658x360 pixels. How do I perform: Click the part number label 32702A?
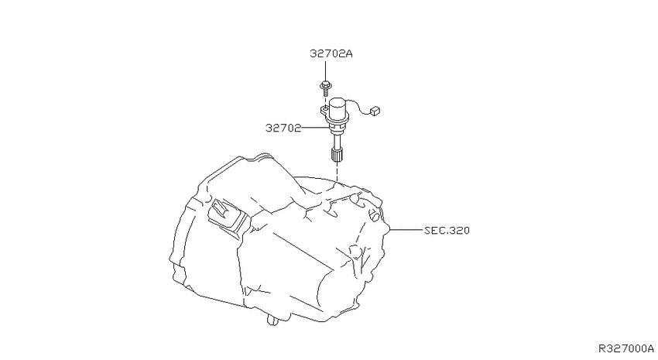pyautogui.click(x=331, y=53)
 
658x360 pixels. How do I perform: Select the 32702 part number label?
pyautogui.click(x=283, y=128)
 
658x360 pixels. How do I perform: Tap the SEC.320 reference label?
pyautogui.click(x=447, y=231)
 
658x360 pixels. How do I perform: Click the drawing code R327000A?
pyautogui.click(x=626, y=348)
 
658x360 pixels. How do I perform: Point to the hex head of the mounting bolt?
pyautogui.click(x=326, y=85)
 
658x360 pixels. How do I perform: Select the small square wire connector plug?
pyautogui.click(x=375, y=111)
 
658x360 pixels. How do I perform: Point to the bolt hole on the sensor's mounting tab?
pyautogui.click(x=324, y=108)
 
